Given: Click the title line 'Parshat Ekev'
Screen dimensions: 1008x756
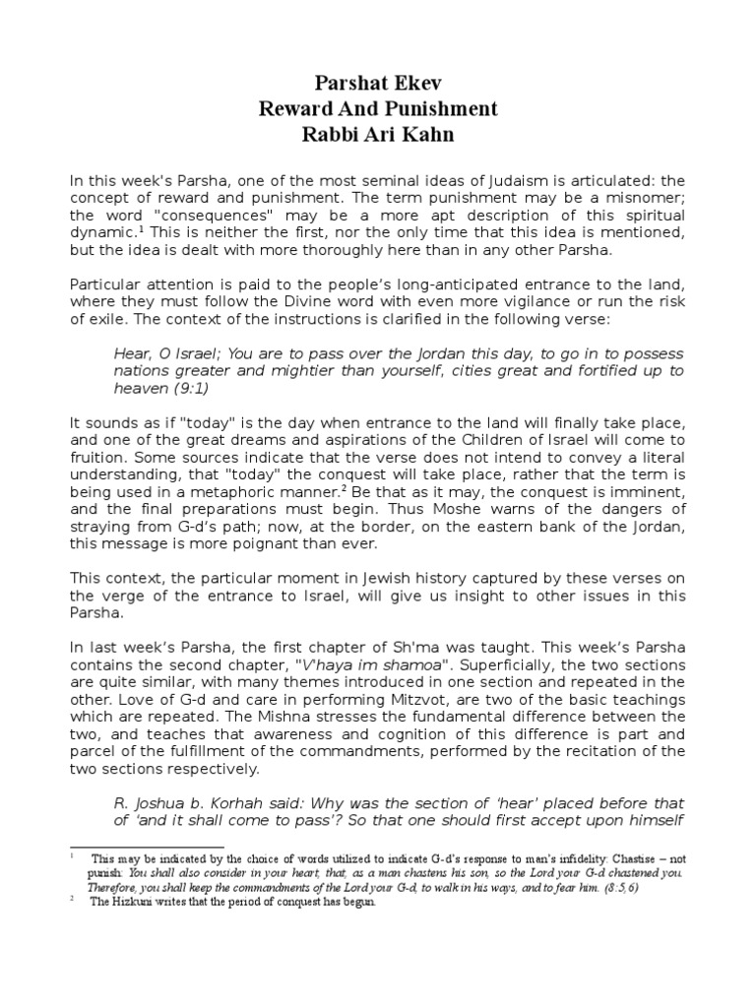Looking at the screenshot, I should click(378, 83).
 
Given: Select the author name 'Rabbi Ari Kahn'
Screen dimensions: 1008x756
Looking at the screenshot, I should click(378, 134).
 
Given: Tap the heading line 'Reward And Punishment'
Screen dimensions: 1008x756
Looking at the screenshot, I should click(378, 108).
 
